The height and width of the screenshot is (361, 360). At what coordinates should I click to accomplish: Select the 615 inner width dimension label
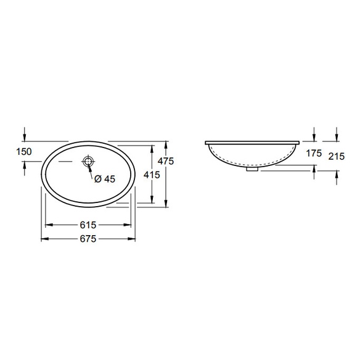pyautogui.click(x=88, y=225)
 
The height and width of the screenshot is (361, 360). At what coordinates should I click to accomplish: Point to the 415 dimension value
pyautogui.click(x=152, y=175)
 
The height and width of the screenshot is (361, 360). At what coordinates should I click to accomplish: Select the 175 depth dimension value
pyautogui.click(x=314, y=154)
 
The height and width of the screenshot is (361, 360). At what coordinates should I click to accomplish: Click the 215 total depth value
pyautogui.click(x=336, y=157)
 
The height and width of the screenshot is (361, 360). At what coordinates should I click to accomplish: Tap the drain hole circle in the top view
pyautogui.click(x=89, y=162)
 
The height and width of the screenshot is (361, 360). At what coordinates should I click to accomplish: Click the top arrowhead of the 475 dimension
pyautogui.click(x=167, y=143)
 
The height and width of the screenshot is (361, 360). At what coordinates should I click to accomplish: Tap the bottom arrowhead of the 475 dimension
pyautogui.click(x=167, y=205)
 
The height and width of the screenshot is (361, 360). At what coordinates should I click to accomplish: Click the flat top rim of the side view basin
pyautogui.click(x=253, y=143)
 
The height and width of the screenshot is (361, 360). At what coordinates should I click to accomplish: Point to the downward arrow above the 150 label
pyautogui.click(x=25, y=136)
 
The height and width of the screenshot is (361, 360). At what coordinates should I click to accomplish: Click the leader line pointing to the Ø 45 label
pyautogui.click(x=93, y=173)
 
